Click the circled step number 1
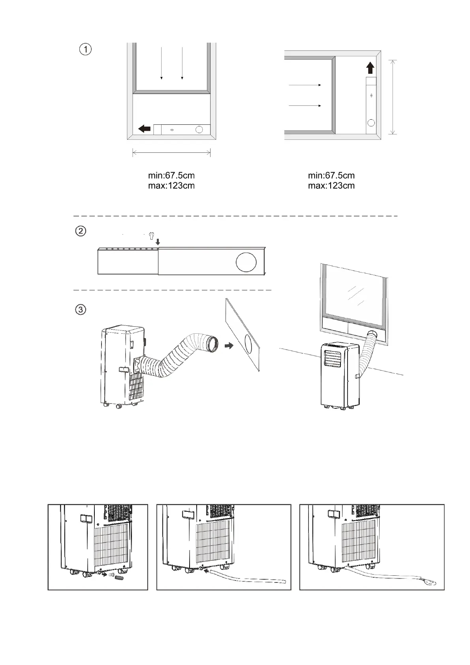click(x=85, y=50)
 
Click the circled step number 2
click(x=81, y=231)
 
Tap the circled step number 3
click(x=81, y=309)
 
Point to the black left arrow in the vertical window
click(x=145, y=129)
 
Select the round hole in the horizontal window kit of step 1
click(x=199, y=130)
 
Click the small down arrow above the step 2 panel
click(x=158, y=242)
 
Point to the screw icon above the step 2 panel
click(x=150, y=235)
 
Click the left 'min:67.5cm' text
click(x=171, y=175)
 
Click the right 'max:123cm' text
click(x=331, y=186)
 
